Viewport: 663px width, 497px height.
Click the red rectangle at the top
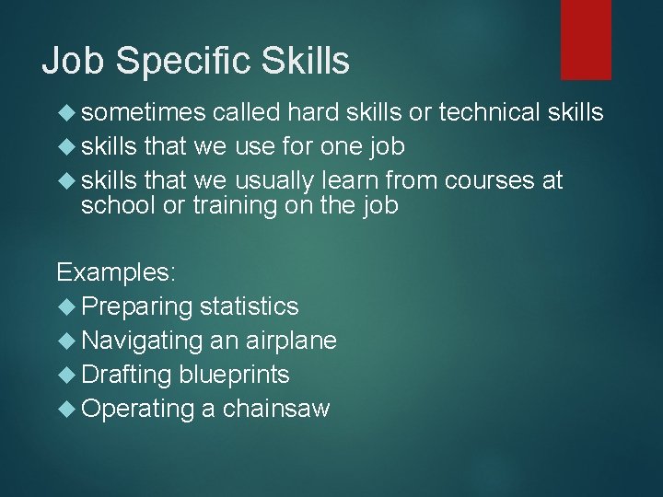(587, 39)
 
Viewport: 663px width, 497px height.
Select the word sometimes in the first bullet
(143, 112)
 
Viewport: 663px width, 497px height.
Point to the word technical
(492, 112)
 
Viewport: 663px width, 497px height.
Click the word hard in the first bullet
(313, 112)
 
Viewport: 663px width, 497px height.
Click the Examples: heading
(116, 272)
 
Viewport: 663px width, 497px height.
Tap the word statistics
(249, 306)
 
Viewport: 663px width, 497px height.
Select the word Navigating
(142, 341)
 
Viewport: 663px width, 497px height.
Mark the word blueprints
(234, 375)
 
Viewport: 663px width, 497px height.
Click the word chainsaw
(274, 409)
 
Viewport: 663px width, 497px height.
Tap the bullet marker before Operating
(65, 409)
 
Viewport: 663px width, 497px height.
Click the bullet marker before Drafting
(65, 375)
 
